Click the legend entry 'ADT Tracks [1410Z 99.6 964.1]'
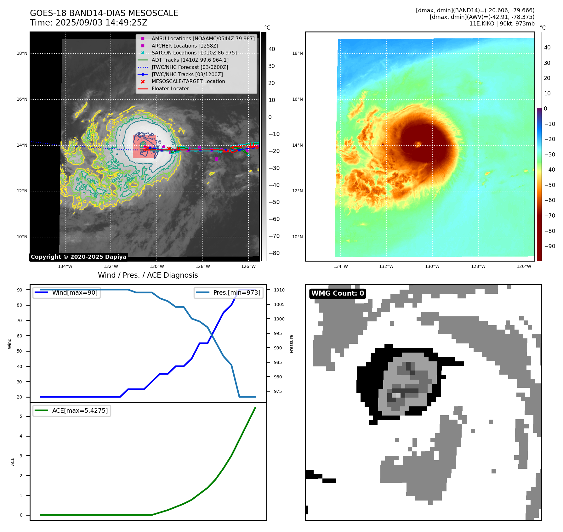coord(190,60)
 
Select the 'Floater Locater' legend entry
coord(170,88)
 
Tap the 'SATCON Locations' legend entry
coord(194,53)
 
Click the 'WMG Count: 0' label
coord(338,293)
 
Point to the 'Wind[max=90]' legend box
coord(66,292)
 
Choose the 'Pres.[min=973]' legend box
coord(229,292)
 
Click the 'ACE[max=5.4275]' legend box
coord(72,410)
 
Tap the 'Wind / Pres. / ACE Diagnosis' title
coord(148,275)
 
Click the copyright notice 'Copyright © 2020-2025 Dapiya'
coord(78,257)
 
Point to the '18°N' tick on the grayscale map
coord(22,54)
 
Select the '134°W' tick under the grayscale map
coord(65,266)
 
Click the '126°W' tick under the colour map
coord(524,266)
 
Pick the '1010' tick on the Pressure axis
coord(279,290)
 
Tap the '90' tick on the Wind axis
coord(20,290)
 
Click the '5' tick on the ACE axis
coord(21,416)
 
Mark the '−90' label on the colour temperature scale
coord(549,246)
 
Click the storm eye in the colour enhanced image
coord(418,144)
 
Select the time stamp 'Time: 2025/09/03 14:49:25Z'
coord(88,23)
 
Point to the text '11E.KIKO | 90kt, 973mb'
coord(502,24)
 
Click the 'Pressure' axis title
coord(291,344)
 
